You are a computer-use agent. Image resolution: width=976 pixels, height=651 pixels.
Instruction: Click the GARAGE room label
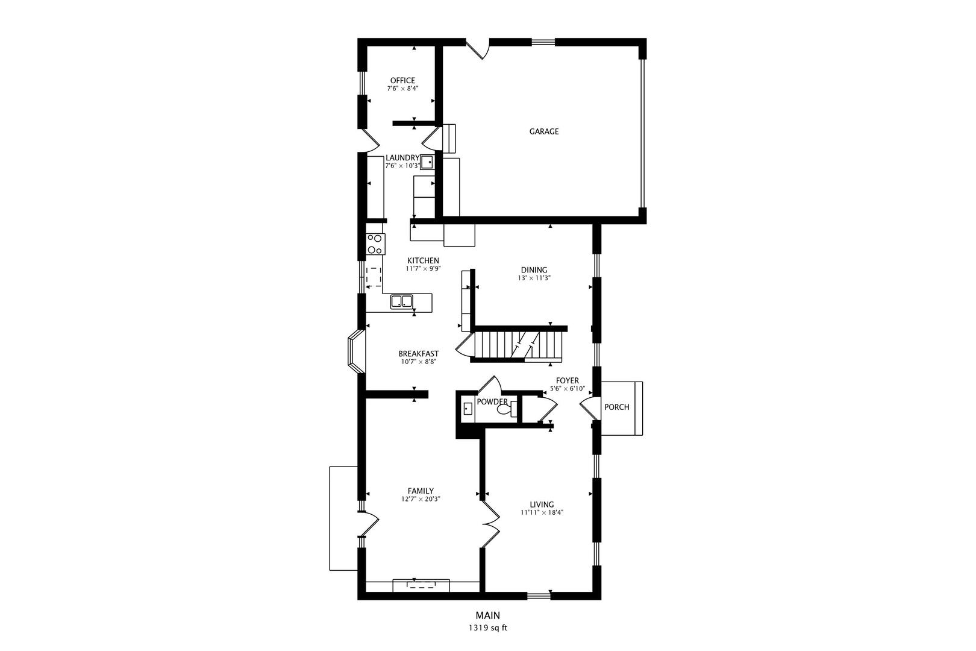coord(543,131)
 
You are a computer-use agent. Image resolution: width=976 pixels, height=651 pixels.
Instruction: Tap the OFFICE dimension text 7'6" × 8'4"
coord(402,89)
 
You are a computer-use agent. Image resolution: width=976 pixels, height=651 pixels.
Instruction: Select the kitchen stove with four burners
coord(375,244)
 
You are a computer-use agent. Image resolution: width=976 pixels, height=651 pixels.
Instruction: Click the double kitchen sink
coord(401,301)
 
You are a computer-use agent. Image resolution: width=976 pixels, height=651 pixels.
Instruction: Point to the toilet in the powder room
coord(505,410)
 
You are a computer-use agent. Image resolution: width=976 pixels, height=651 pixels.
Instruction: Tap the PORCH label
coord(616,407)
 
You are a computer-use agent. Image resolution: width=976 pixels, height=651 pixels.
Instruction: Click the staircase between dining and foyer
coord(518,345)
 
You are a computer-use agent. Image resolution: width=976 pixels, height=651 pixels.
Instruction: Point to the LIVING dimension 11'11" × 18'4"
coord(542,513)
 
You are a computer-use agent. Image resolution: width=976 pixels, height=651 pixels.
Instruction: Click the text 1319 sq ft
coord(487,628)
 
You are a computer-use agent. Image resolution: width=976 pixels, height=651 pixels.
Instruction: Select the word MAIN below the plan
coord(487,615)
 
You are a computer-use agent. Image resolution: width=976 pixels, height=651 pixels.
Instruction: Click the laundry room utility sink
coord(427,162)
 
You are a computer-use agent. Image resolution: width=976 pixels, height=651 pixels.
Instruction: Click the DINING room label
coord(534,270)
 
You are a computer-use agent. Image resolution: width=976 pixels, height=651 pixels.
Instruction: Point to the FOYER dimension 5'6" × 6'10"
coord(567,389)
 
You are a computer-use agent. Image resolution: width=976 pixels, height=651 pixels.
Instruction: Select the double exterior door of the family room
coord(368,523)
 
